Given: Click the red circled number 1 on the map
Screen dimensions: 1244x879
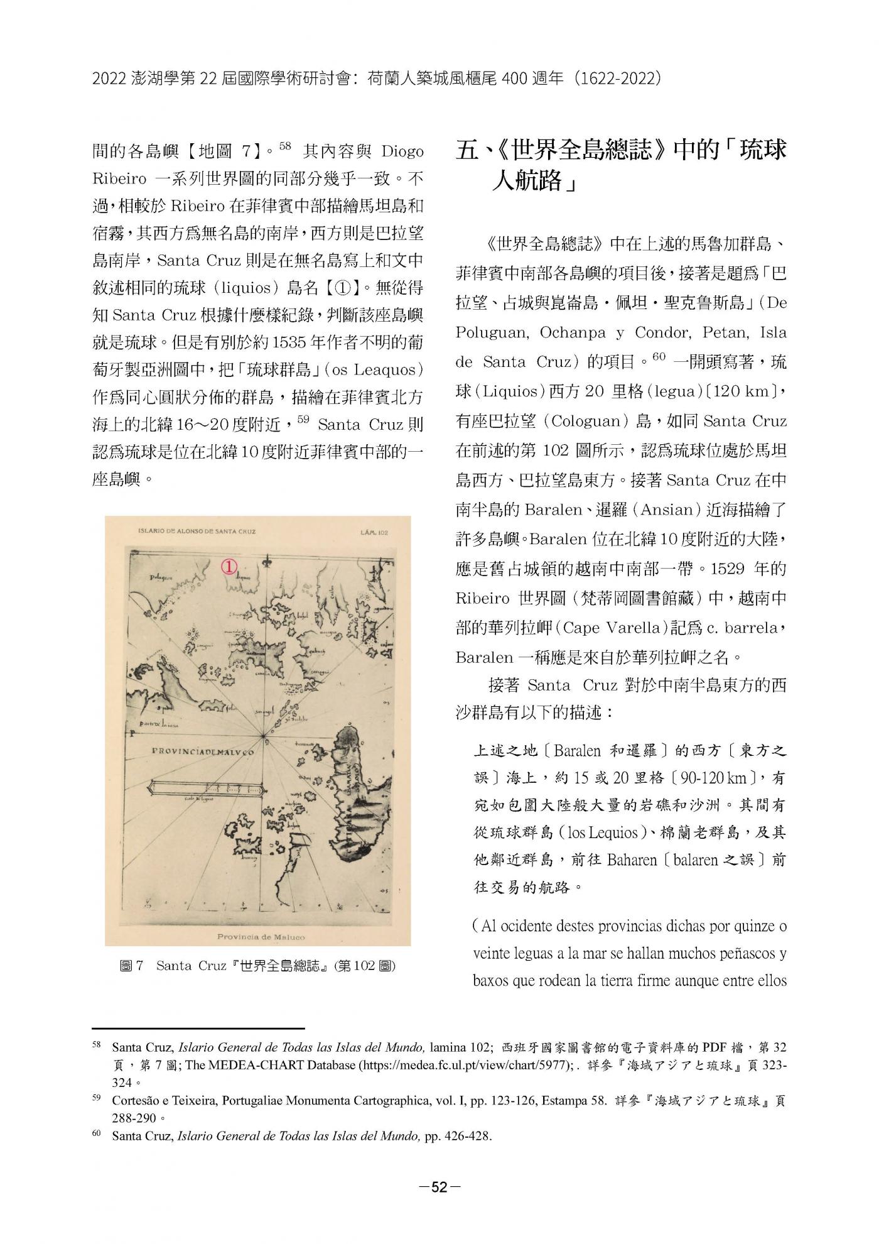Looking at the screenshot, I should coord(230,566).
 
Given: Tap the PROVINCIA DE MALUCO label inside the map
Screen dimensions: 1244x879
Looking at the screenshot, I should coord(203,751).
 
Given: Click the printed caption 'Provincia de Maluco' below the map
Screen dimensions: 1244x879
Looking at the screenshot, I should coord(261,937).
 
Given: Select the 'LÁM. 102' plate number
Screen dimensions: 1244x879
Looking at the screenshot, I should coord(375,532).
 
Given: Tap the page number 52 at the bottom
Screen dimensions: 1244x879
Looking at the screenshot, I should coord(439,1187).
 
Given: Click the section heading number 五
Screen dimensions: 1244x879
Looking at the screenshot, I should coord(468,151).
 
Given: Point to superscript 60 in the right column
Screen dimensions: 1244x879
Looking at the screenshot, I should coord(659,357).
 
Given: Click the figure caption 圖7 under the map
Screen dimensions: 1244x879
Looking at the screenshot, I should coord(132,966).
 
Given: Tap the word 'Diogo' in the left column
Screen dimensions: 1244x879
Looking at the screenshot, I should coord(402,151).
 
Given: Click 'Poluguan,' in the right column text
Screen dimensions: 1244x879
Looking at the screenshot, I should coord(491,332).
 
